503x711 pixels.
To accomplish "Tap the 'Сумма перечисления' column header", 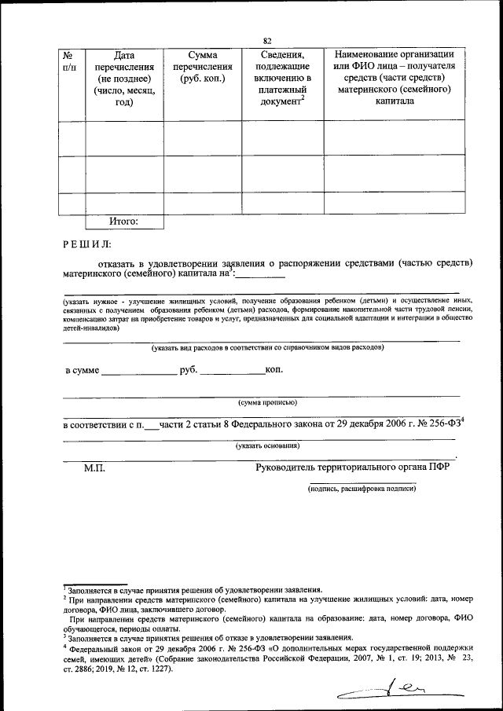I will pos(203,68).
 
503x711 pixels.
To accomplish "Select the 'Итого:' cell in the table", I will pos(124,222).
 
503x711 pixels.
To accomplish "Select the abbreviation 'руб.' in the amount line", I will pos(188,369).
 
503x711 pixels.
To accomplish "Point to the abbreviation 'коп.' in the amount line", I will pos(274,368).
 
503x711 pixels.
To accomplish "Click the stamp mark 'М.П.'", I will pos(94,468).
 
